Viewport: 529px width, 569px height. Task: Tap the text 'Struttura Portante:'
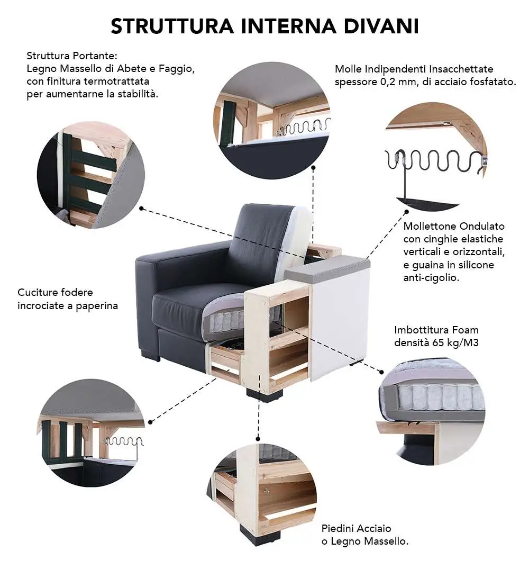(71, 56)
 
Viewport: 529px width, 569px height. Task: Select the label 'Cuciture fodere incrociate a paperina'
(68, 299)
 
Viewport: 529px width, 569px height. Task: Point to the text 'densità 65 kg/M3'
(436, 342)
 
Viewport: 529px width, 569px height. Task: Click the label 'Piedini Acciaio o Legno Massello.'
(365, 535)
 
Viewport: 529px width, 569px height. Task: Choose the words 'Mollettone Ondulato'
(454, 226)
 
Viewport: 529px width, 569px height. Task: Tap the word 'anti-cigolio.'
(431, 277)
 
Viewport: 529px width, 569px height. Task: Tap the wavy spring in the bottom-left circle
(124, 442)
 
